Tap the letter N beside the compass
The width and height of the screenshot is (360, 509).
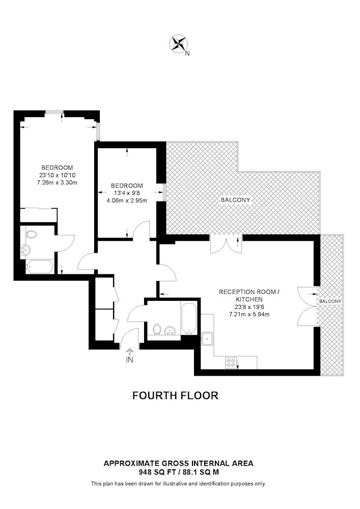point(187,53)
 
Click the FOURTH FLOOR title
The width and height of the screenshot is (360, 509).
point(175,395)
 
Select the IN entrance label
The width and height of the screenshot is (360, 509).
point(129,360)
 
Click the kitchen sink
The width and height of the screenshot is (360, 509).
point(207,339)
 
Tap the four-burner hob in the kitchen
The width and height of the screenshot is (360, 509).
point(231,362)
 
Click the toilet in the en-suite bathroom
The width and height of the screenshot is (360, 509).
point(30,234)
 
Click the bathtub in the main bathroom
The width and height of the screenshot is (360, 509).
point(188,319)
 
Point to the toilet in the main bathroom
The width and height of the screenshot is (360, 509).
point(157,329)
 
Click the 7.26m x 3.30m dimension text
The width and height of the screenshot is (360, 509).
point(57,182)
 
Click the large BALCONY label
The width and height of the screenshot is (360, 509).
point(235,200)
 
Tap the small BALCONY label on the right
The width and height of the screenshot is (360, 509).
point(330,301)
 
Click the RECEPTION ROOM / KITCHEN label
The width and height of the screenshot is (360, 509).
point(249,295)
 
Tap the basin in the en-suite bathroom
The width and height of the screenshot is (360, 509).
point(25,250)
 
